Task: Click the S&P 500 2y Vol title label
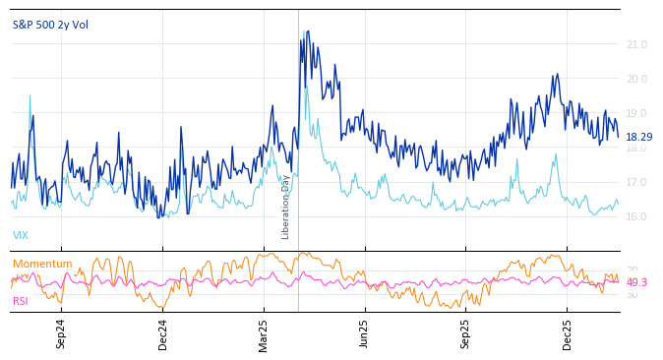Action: (x=50, y=25)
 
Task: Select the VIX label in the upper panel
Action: (x=21, y=235)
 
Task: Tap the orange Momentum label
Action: (x=42, y=264)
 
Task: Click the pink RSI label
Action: (x=21, y=301)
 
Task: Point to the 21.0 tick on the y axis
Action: (x=636, y=44)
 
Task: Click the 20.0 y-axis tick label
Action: (x=636, y=79)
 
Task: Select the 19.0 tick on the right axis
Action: (x=636, y=113)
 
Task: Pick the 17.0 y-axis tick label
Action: (x=636, y=182)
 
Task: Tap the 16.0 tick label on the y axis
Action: (x=636, y=216)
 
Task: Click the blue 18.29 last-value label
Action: (x=638, y=137)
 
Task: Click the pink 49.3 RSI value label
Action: (x=636, y=282)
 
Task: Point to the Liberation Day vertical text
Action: (x=285, y=207)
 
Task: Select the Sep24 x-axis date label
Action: (x=61, y=333)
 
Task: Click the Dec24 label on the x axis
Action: (x=162, y=333)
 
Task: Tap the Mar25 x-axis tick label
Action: (x=264, y=333)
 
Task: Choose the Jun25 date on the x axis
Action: (x=365, y=333)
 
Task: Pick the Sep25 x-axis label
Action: (x=465, y=333)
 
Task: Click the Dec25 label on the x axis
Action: (x=567, y=333)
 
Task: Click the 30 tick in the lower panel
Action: (x=632, y=294)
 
